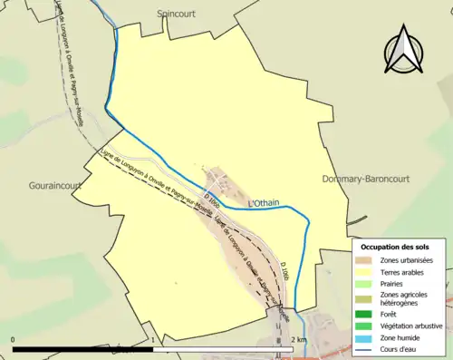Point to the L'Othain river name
click(x=263, y=204)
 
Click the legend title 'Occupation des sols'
click(x=395, y=246)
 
